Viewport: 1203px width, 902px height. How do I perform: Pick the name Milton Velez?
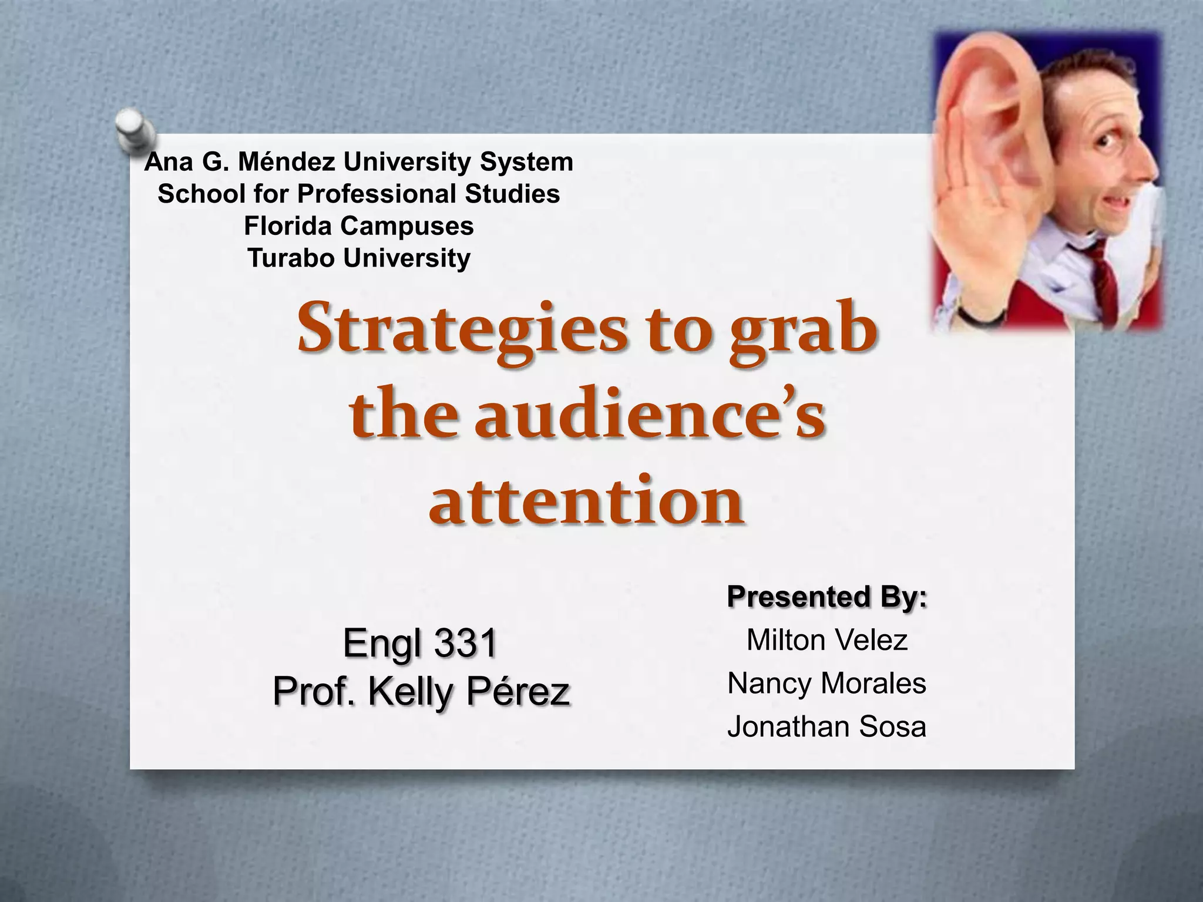click(827, 640)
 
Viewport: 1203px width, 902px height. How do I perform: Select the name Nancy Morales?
click(827, 684)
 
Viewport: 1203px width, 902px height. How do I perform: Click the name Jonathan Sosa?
click(827, 727)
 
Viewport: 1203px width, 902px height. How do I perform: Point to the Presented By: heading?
click(827, 597)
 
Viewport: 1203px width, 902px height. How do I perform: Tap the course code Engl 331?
click(420, 643)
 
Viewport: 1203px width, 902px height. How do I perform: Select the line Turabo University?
click(359, 258)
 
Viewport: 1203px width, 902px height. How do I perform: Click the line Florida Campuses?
click(359, 226)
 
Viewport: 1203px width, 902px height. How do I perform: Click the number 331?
click(466, 643)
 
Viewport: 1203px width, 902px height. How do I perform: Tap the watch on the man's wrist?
click(975, 318)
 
